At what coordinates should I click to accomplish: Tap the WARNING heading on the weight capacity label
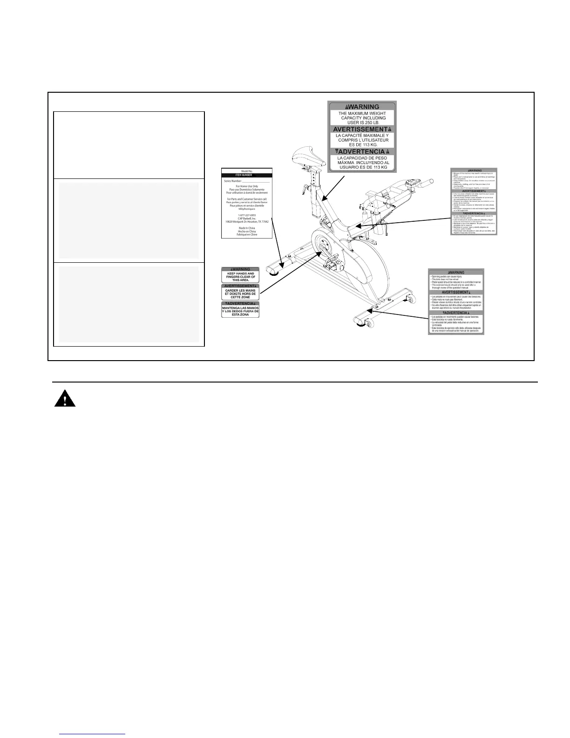coord(362,107)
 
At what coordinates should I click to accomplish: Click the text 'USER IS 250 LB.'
coord(362,123)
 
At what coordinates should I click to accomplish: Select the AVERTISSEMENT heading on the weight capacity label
coord(362,129)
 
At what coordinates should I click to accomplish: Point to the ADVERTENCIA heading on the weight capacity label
coord(362,151)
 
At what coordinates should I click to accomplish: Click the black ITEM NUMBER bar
coord(247,175)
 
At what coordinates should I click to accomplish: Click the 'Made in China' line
coord(247,228)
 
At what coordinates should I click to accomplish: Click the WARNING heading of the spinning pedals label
coord(456,273)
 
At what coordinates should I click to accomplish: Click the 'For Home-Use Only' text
coord(247,186)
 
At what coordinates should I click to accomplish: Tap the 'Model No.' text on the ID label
coord(247,171)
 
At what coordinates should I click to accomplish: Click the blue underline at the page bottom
coord(93,734)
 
